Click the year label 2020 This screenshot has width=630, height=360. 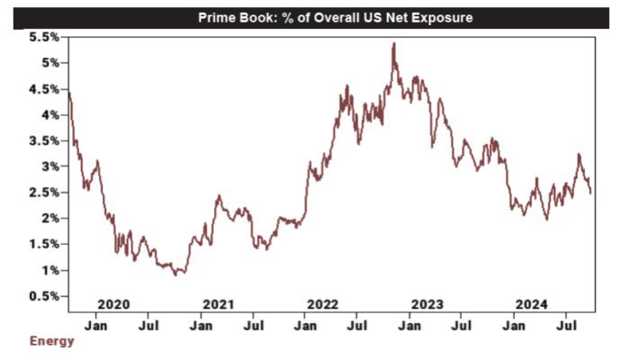click(x=113, y=303)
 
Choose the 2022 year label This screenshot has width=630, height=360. click(x=322, y=303)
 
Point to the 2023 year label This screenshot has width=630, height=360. click(x=425, y=303)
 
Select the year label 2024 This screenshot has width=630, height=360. click(x=529, y=303)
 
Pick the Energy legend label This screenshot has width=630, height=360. click(x=52, y=341)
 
